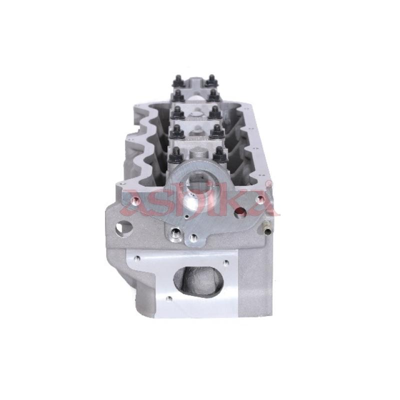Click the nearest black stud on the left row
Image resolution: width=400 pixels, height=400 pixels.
pos(175,155)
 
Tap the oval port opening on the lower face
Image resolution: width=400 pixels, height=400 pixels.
pos(198,280)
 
